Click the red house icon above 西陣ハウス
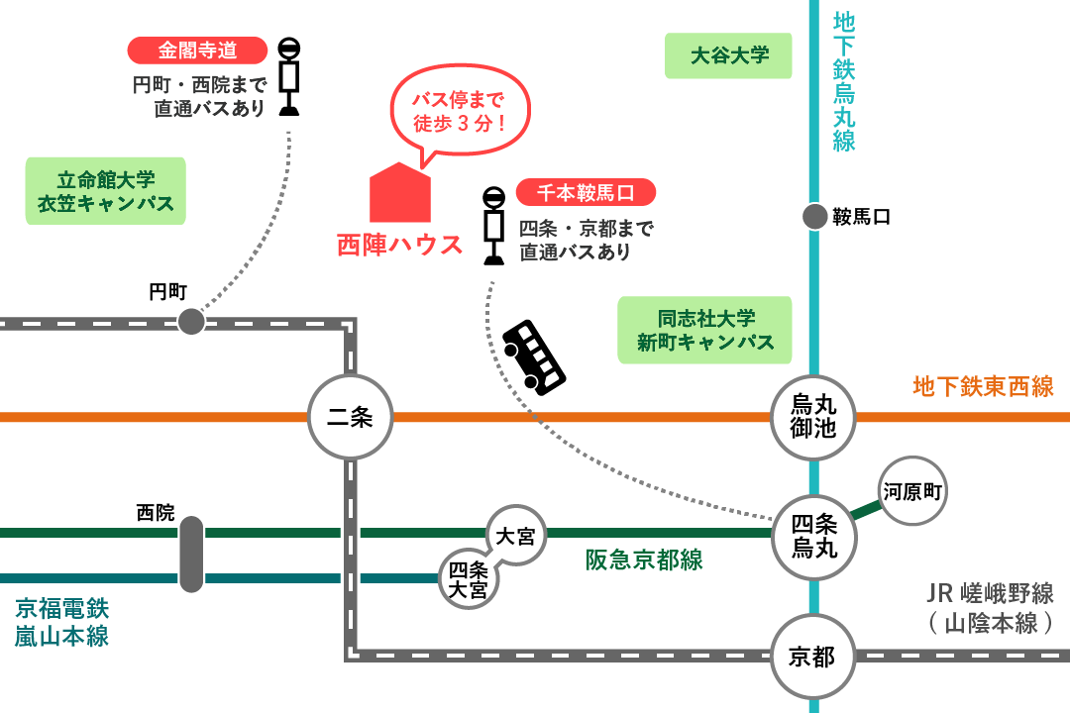[400, 193]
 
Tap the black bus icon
[533, 356]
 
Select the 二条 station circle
[349, 417]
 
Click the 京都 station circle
[812, 656]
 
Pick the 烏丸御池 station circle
[814, 417]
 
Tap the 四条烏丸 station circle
[814, 535]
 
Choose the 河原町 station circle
[912, 490]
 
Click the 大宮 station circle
[515, 536]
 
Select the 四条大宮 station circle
[469, 578]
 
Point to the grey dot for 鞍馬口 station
[814, 217]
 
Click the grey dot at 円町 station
[191, 321]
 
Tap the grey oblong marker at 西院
[191, 555]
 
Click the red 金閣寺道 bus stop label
[198, 51]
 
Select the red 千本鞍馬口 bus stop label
[586, 192]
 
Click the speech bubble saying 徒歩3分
[459, 112]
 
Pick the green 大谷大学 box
[729, 55]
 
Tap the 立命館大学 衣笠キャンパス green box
[105, 192]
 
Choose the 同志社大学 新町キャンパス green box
[704, 331]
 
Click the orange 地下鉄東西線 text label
[982, 386]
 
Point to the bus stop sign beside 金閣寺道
[288, 76]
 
